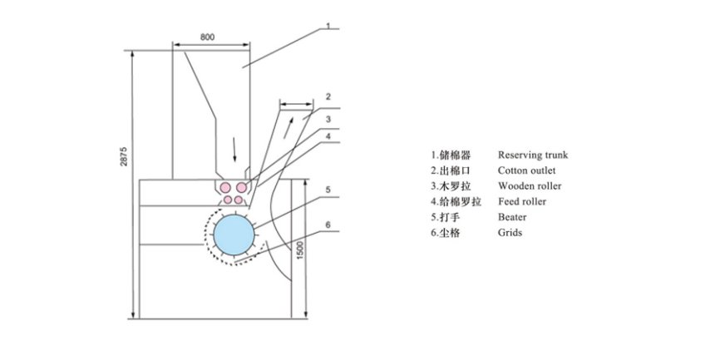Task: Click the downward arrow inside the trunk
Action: (x=234, y=150)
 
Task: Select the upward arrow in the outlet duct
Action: (x=290, y=130)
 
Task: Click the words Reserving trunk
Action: (x=533, y=155)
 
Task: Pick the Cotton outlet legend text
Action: (x=526, y=170)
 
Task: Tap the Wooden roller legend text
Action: (x=528, y=185)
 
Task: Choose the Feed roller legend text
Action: (x=522, y=201)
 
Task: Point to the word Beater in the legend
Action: (x=512, y=217)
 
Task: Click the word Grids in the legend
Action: (x=510, y=233)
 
